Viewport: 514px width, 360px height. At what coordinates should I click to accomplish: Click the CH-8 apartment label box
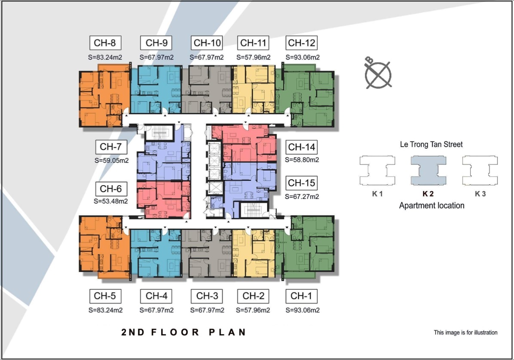pyautogui.click(x=105, y=43)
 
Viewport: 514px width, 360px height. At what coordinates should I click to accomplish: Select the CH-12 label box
pyautogui.click(x=302, y=43)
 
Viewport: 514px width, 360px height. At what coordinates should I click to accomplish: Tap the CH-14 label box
pyautogui.click(x=302, y=147)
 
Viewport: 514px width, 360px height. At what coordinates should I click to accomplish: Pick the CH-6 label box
pyautogui.click(x=111, y=189)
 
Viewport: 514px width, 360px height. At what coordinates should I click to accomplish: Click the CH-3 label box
pyautogui.click(x=207, y=296)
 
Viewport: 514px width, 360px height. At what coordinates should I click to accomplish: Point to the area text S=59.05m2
pyautogui.click(x=111, y=161)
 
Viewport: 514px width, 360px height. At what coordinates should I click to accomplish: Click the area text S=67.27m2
pyautogui.click(x=302, y=197)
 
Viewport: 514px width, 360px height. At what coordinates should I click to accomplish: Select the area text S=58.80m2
pyautogui.click(x=302, y=160)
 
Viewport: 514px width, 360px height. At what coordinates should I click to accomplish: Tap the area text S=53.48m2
pyautogui.click(x=111, y=201)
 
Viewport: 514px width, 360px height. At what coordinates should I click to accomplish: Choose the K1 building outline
pyautogui.click(x=377, y=171)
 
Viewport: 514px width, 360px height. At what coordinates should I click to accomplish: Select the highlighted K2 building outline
pyautogui.click(x=428, y=171)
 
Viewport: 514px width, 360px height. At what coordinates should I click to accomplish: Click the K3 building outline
pyautogui.click(x=480, y=171)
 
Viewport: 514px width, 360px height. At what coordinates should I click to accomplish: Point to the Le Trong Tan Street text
pyautogui.click(x=431, y=144)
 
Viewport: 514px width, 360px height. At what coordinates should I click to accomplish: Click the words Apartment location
pyautogui.click(x=432, y=206)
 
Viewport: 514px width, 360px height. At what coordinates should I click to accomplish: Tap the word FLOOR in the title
pyautogui.click(x=175, y=332)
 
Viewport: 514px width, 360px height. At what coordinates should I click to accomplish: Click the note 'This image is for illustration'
pyautogui.click(x=465, y=333)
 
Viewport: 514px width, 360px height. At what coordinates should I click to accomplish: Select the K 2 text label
pyautogui.click(x=428, y=194)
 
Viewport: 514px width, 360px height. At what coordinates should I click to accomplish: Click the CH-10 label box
pyautogui.click(x=207, y=43)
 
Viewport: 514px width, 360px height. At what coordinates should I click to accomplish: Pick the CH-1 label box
pyautogui.click(x=302, y=296)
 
